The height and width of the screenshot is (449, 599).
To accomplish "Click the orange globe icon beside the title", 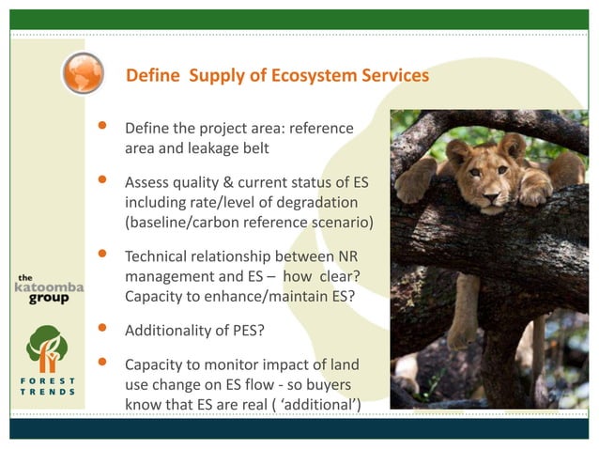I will (x=83, y=73).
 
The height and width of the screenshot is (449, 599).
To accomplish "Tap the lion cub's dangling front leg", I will (x=463, y=310).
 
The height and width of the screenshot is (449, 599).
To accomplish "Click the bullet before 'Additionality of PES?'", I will (x=102, y=328).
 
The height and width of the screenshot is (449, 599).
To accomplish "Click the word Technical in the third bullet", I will (x=157, y=257).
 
